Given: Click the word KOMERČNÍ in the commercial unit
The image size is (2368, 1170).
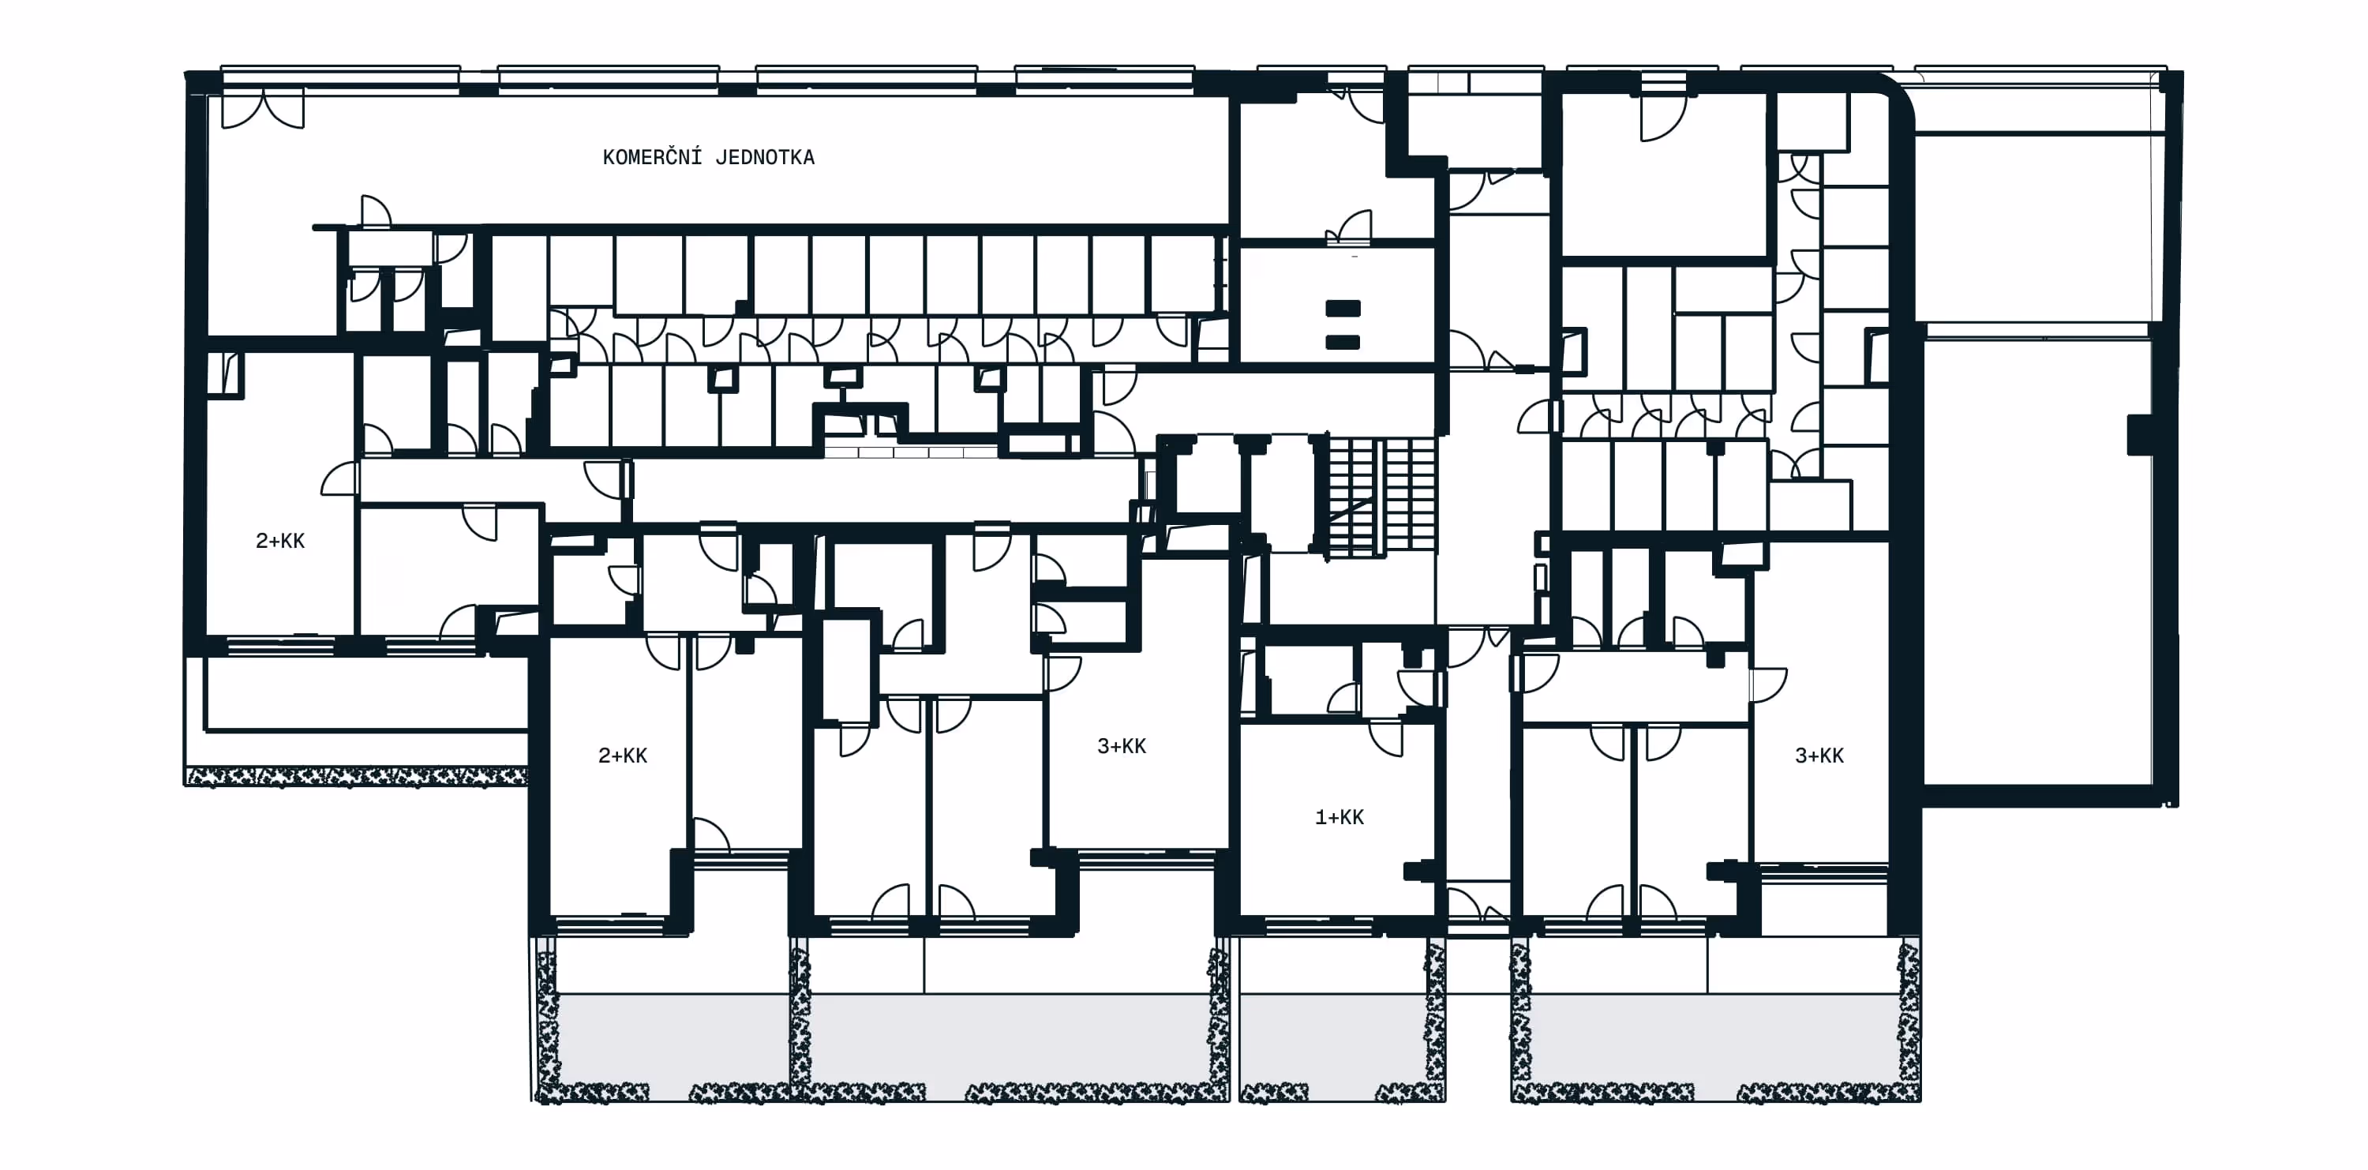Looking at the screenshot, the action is [x=652, y=156].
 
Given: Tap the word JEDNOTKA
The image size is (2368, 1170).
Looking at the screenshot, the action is [x=765, y=157].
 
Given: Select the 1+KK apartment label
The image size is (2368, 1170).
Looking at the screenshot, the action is [x=1339, y=817].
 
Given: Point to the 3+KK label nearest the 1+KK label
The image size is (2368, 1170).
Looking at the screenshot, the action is [x=1122, y=746].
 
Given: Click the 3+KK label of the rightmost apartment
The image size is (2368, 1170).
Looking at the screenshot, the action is [x=1819, y=756].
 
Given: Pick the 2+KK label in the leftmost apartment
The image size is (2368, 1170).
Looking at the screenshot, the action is [x=280, y=541].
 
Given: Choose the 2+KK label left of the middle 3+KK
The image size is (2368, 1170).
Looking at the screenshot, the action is [x=622, y=756].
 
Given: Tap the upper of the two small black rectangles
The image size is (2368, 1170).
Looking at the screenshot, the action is [x=1343, y=309].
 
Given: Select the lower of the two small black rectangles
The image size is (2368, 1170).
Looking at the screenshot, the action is [x=1343, y=342].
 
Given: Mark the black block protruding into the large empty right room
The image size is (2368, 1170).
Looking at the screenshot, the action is [x=2140, y=435].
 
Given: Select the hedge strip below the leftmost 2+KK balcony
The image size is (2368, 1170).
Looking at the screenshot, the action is [x=357, y=778].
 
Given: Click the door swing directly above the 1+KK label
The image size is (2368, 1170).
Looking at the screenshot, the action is [x=1386, y=738].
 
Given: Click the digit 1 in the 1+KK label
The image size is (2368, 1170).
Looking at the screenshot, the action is [x=1320, y=817].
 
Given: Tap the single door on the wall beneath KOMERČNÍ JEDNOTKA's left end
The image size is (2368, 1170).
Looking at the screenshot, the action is [x=376, y=211].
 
